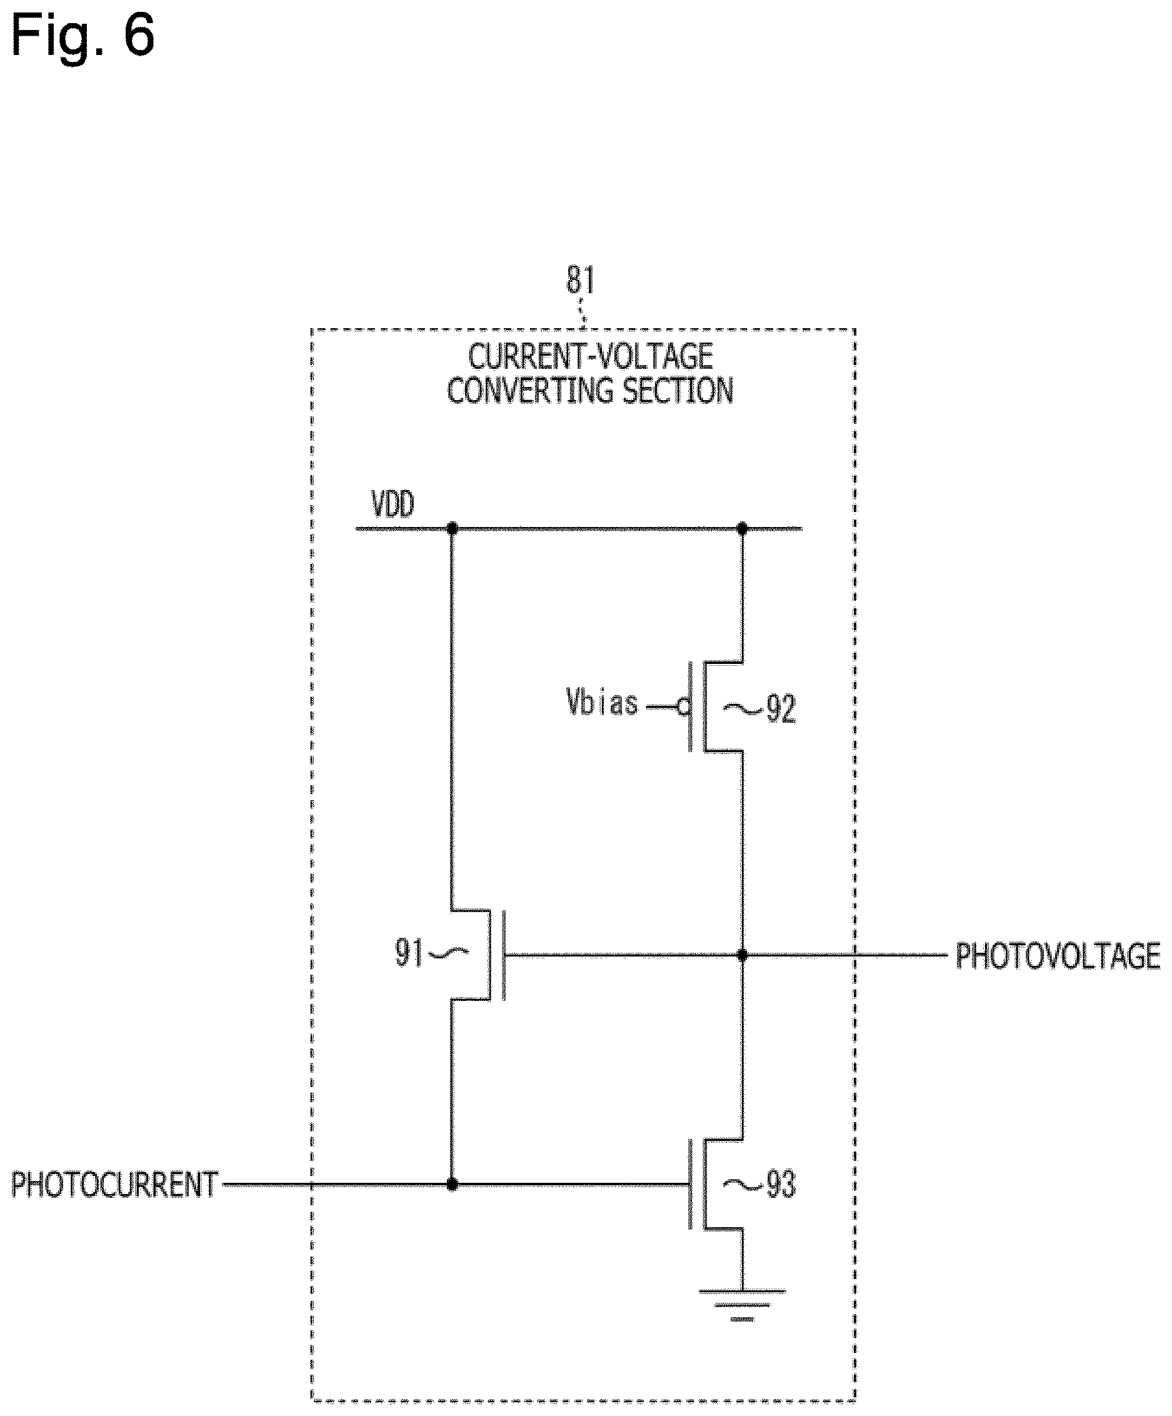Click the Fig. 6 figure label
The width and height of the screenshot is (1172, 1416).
(83, 35)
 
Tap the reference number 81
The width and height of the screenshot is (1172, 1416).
(580, 280)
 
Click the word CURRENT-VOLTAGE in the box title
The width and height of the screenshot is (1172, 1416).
(591, 358)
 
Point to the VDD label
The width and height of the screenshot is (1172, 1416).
(393, 505)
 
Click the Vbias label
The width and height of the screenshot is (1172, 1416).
(601, 702)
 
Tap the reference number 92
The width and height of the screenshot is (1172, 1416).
(781, 710)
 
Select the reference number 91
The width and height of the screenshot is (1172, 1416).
(409, 953)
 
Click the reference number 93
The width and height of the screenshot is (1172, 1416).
(781, 1185)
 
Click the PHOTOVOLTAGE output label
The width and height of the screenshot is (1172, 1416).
(1058, 957)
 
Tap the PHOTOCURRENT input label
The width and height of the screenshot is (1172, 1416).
(114, 1185)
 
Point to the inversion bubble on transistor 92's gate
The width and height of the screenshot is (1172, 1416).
(683, 707)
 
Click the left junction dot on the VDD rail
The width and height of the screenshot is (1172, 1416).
(452, 529)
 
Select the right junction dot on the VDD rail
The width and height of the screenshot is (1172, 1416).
(743, 529)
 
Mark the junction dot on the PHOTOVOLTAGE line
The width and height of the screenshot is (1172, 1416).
(743, 955)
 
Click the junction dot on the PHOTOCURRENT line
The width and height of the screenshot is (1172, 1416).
(452, 1185)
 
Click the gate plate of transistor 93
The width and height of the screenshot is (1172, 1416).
(690, 1185)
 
